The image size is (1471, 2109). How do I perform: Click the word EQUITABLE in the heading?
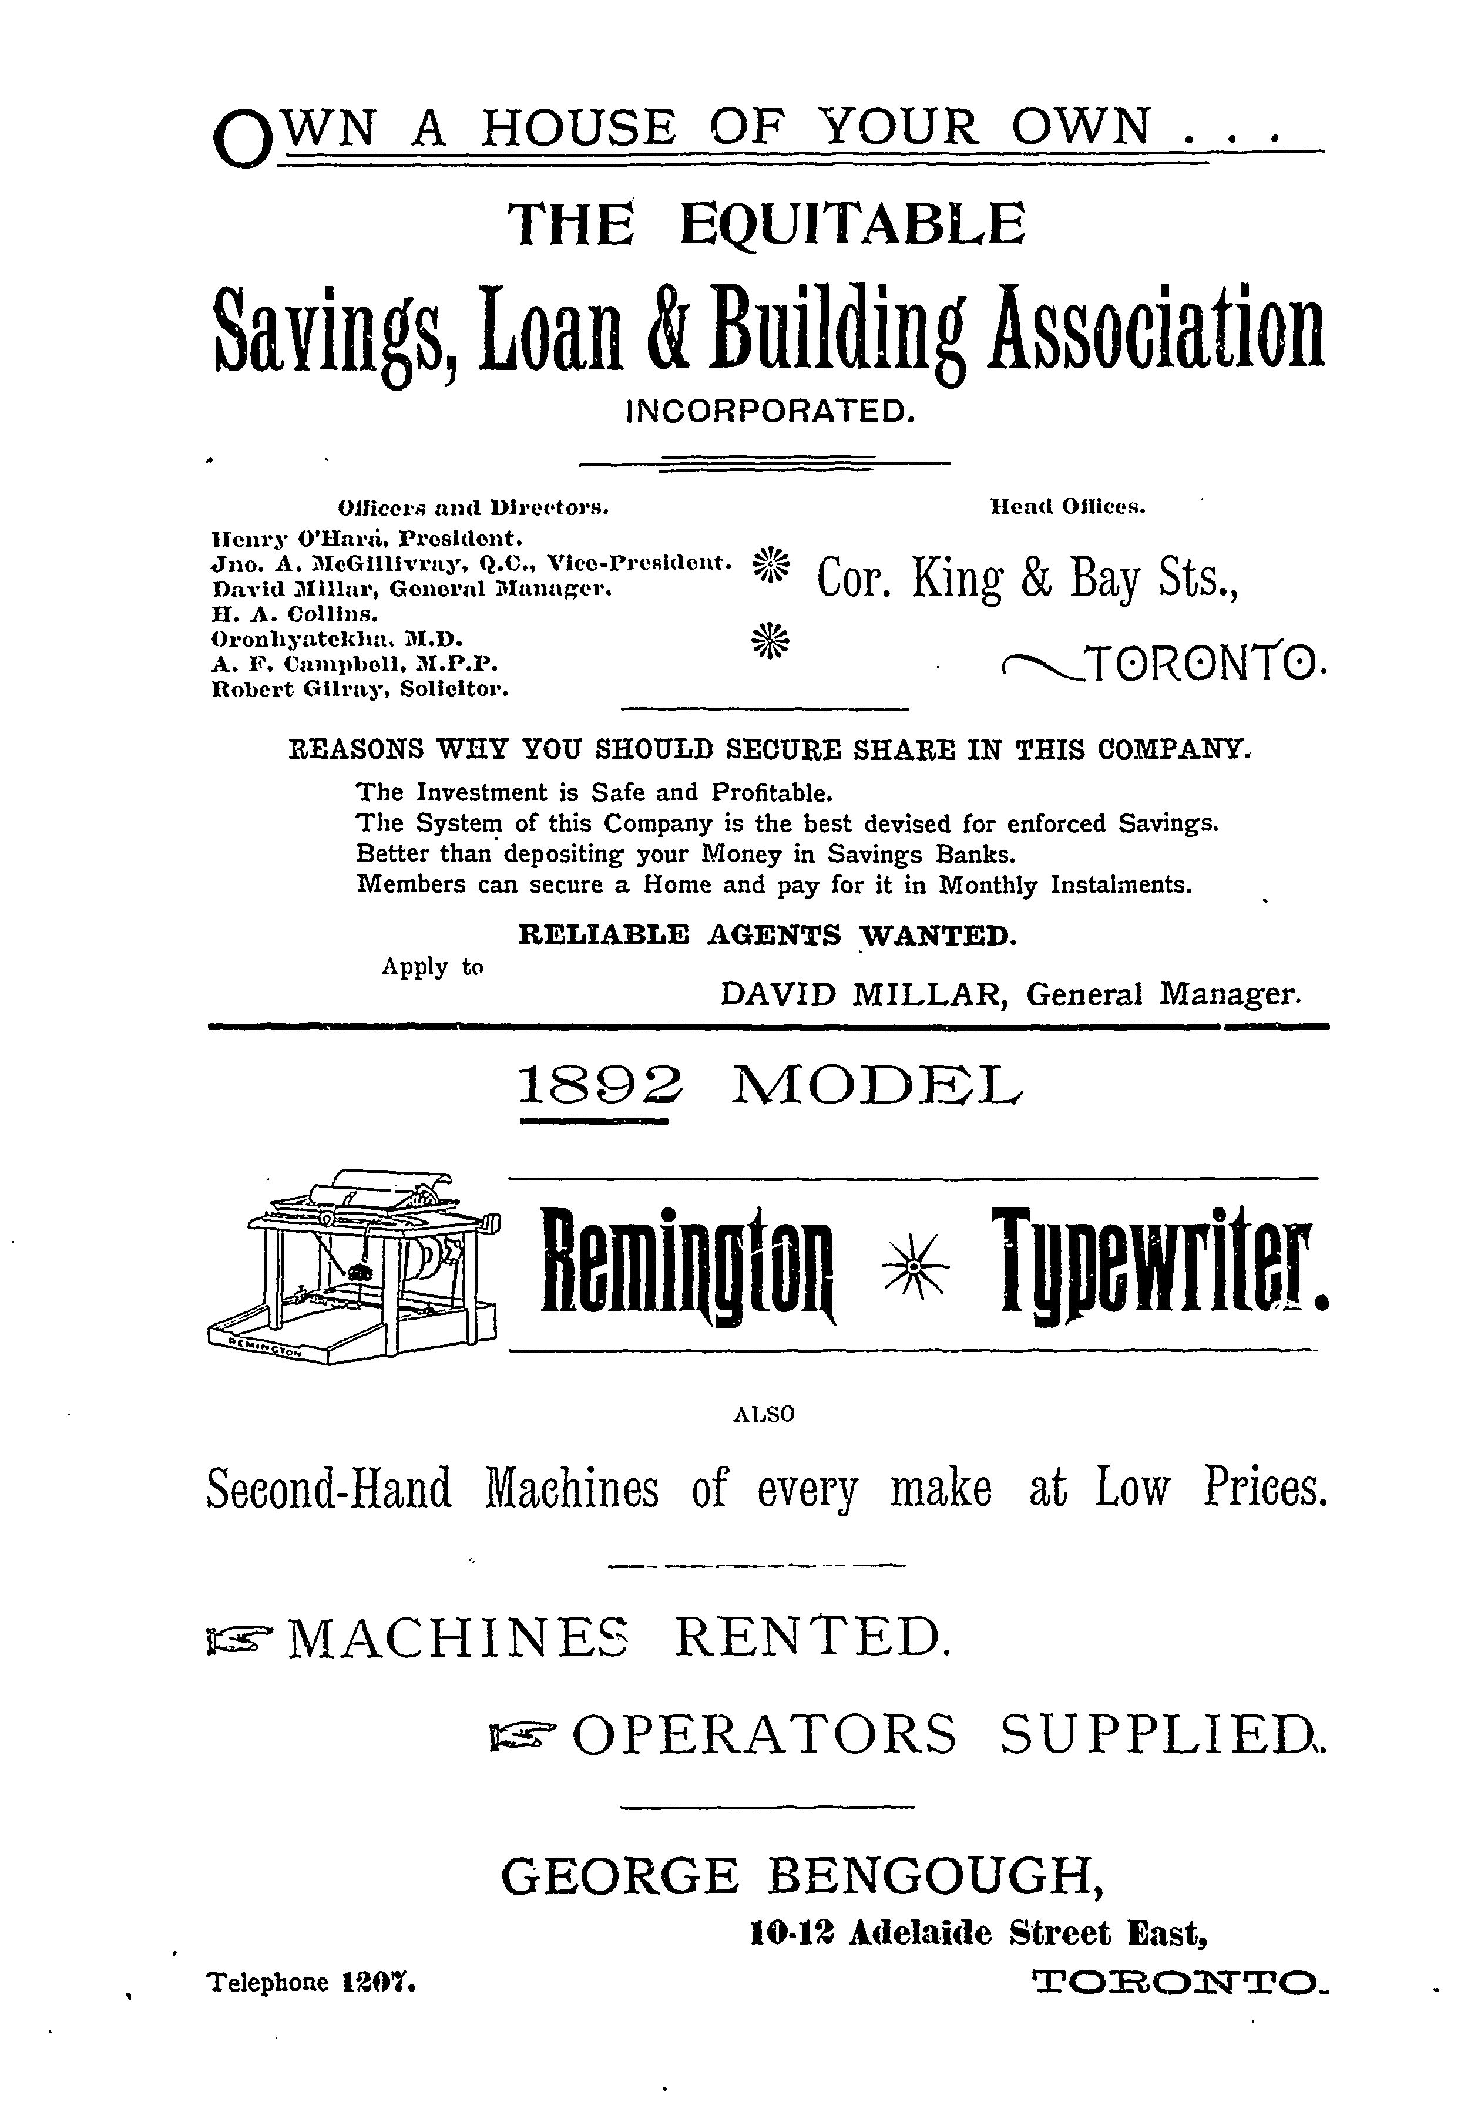(852, 225)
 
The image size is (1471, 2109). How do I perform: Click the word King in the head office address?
(956, 580)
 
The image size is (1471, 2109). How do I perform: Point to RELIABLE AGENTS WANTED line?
(767, 935)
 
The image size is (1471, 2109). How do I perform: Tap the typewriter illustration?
(353, 1264)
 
